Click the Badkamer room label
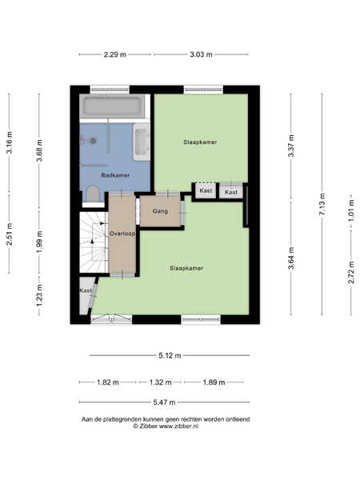click(x=115, y=175)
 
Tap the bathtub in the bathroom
click(x=112, y=106)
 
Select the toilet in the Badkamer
click(x=92, y=194)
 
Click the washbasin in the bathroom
click(x=142, y=142)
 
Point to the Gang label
click(x=160, y=211)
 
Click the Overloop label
click(x=122, y=234)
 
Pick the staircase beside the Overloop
click(x=94, y=242)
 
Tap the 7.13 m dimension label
click(x=322, y=204)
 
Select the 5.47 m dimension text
click(x=164, y=402)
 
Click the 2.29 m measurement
click(x=114, y=54)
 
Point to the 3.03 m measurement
click(x=201, y=54)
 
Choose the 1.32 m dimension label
click(x=161, y=382)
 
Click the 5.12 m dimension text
click(x=170, y=356)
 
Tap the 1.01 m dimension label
click(x=351, y=210)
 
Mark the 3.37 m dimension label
click(x=291, y=146)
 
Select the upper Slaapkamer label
click(x=200, y=142)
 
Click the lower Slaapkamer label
click(x=186, y=268)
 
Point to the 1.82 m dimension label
click(x=108, y=382)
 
